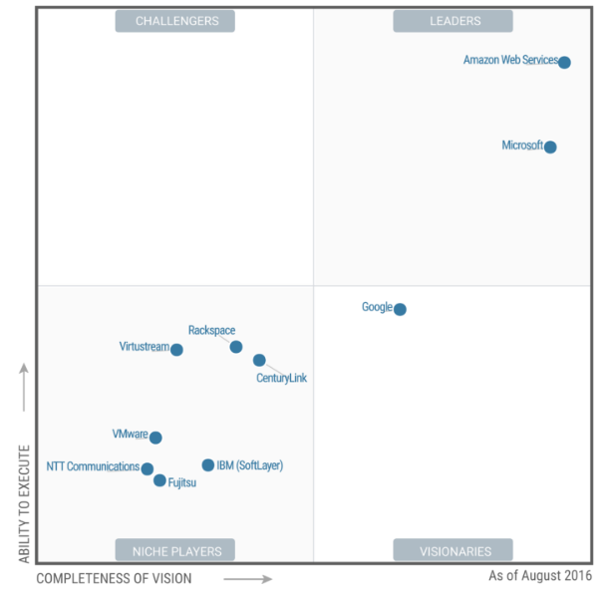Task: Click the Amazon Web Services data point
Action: [564, 63]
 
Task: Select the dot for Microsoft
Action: [550, 148]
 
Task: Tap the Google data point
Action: [400, 309]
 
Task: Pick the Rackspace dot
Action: [236, 347]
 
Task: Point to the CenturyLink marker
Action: [259, 360]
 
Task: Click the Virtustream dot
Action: [176, 350]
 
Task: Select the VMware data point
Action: [155, 438]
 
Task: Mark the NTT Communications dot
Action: [148, 468]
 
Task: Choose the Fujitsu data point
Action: [159, 480]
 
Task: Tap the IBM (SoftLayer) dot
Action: [208, 464]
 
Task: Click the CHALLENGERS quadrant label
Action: [174, 21]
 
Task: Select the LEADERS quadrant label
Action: [453, 21]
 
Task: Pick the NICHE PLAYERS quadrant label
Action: [174, 550]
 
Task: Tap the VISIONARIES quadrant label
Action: [453, 550]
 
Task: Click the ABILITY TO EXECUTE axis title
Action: [24, 502]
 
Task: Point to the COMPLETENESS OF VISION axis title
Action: [114, 578]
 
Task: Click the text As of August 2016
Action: [538, 576]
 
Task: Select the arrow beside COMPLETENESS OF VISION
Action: [248, 578]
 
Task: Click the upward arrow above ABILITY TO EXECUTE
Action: [24, 388]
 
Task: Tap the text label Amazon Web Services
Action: [510, 61]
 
